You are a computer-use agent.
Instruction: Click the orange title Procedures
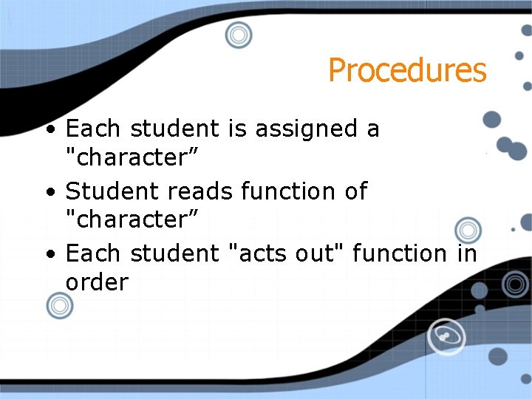tap(407, 71)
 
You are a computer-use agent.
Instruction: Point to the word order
tap(97, 282)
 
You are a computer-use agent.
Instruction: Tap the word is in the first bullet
tap(237, 129)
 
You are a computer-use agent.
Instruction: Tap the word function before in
tap(400, 253)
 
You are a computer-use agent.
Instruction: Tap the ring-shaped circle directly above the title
tap(239, 34)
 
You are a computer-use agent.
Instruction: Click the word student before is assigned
tap(174, 129)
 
